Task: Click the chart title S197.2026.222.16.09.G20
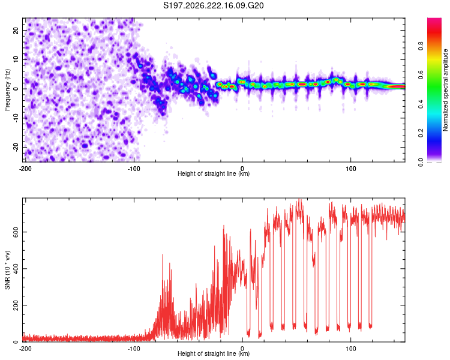tap(213, 5)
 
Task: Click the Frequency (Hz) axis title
tap(7, 89)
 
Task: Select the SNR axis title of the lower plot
tap(7, 270)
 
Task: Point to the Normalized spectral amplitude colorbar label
tap(445, 90)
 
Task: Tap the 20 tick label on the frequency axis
tap(16, 30)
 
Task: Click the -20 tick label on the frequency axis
tap(16, 147)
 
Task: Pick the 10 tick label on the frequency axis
tap(16, 59)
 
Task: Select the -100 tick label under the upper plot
tap(134, 169)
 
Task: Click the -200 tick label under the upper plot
tap(25, 169)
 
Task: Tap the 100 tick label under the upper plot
tap(351, 169)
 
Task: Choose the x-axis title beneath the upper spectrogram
tap(214, 173)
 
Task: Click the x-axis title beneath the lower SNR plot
tap(214, 353)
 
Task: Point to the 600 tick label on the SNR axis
tap(16, 232)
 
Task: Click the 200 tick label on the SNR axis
tap(16, 305)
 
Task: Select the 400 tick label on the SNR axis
tap(16, 268)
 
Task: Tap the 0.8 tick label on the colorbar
tap(421, 46)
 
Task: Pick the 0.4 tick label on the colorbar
tap(421, 104)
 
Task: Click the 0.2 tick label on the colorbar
tap(421, 133)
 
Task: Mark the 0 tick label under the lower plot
tap(242, 349)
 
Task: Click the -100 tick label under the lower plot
tap(134, 349)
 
